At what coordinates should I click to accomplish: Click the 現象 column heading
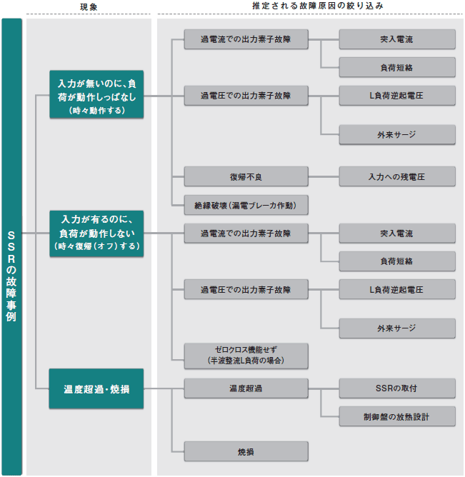click(89, 7)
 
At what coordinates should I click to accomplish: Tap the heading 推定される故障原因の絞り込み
click(318, 6)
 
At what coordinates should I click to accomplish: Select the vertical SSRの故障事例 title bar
click(12, 246)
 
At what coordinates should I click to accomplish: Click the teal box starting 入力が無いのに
click(96, 94)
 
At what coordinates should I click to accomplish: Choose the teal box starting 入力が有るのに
click(96, 234)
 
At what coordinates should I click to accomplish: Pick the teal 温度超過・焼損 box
click(96, 388)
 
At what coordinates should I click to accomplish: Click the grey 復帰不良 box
click(246, 176)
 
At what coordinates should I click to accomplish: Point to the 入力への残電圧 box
click(397, 176)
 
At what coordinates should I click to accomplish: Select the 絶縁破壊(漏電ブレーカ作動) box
click(246, 205)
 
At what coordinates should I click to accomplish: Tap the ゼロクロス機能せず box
click(246, 356)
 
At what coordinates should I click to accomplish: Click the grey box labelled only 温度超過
click(246, 388)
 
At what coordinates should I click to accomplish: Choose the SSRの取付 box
click(397, 388)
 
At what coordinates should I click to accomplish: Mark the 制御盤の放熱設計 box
click(397, 416)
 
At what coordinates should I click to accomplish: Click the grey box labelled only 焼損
click(246, 451)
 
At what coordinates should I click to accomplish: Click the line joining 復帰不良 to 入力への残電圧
click(324, 176)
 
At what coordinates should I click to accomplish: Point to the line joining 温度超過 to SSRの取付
click(324, 388)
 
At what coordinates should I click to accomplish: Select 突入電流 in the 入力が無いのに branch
click(397, 39)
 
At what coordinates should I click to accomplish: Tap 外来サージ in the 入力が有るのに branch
click(397, 328)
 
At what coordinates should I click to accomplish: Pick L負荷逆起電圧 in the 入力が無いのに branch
click(397, 96)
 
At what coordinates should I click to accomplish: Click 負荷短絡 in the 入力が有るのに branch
click(397, 261)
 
